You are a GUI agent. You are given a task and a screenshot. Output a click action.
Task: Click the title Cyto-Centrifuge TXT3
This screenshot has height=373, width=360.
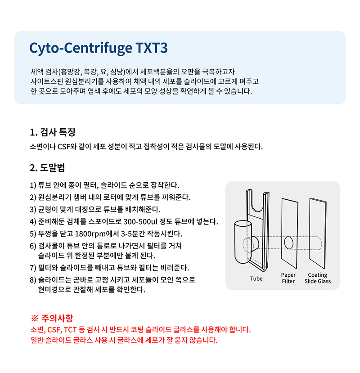98,48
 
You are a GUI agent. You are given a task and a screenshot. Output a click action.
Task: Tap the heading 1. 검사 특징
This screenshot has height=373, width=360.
53,132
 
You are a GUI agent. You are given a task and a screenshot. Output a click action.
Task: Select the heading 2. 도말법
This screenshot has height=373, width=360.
47,167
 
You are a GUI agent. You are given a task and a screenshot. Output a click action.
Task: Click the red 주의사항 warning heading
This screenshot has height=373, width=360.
57,318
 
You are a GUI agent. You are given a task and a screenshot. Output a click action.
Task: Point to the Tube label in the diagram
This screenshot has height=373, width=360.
256,279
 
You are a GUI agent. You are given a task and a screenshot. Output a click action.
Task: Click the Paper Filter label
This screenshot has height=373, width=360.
288,278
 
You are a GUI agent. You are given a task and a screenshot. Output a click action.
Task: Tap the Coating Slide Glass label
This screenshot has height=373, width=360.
318,278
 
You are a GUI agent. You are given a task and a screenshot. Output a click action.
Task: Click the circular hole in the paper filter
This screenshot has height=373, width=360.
288,243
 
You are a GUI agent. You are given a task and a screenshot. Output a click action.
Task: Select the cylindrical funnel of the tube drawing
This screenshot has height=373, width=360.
243,242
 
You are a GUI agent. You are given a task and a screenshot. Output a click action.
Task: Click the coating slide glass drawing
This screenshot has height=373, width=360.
318,233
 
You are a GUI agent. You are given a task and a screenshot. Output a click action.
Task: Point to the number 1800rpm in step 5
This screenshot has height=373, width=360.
90,234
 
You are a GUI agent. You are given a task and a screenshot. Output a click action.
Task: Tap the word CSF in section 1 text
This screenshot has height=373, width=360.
64,147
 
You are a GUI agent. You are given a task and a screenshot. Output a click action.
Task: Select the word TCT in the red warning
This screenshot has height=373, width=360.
70,330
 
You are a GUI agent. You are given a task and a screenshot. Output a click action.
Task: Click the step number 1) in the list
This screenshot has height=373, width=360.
33,185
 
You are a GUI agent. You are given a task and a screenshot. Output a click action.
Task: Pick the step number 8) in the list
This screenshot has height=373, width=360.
33,280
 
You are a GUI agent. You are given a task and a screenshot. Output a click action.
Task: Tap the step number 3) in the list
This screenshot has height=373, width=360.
33,210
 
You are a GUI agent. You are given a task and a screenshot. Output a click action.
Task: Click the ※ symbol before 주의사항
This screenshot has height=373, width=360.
35,318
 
